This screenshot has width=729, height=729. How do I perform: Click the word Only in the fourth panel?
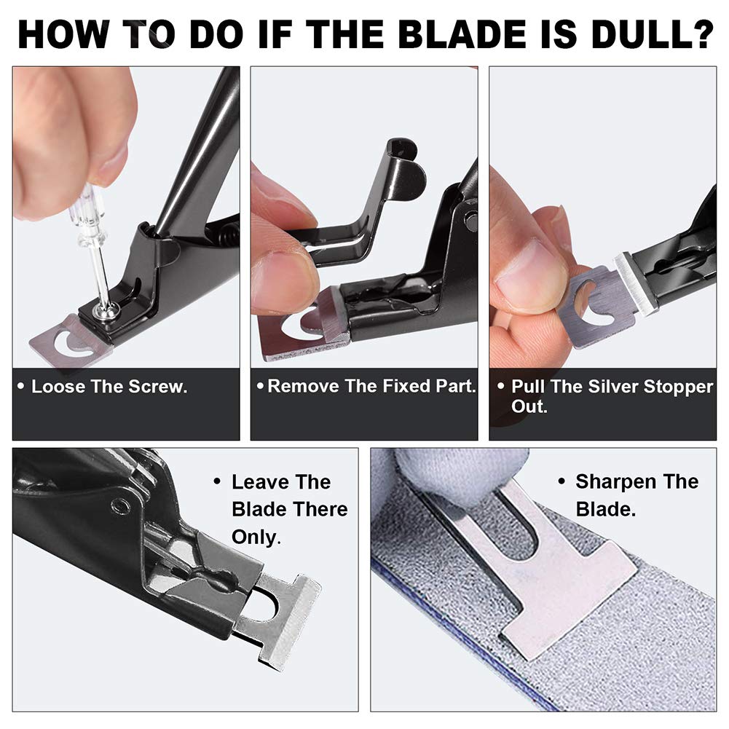pos(255,537)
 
